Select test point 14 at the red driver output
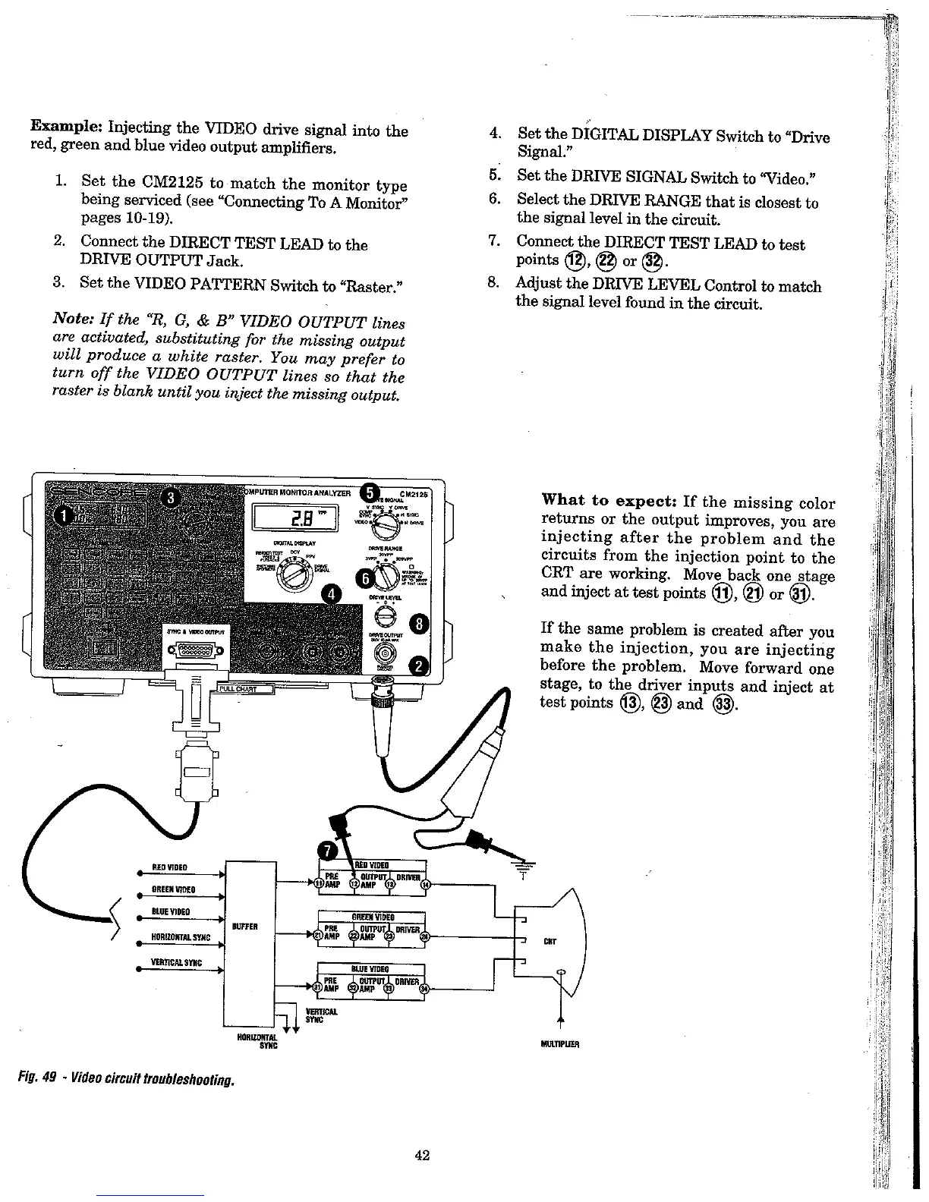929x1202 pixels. click(425, 884)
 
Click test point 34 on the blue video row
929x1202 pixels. click(425, 989)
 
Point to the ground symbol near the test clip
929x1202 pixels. click(523, 866)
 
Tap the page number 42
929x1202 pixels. click(423, 1156)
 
